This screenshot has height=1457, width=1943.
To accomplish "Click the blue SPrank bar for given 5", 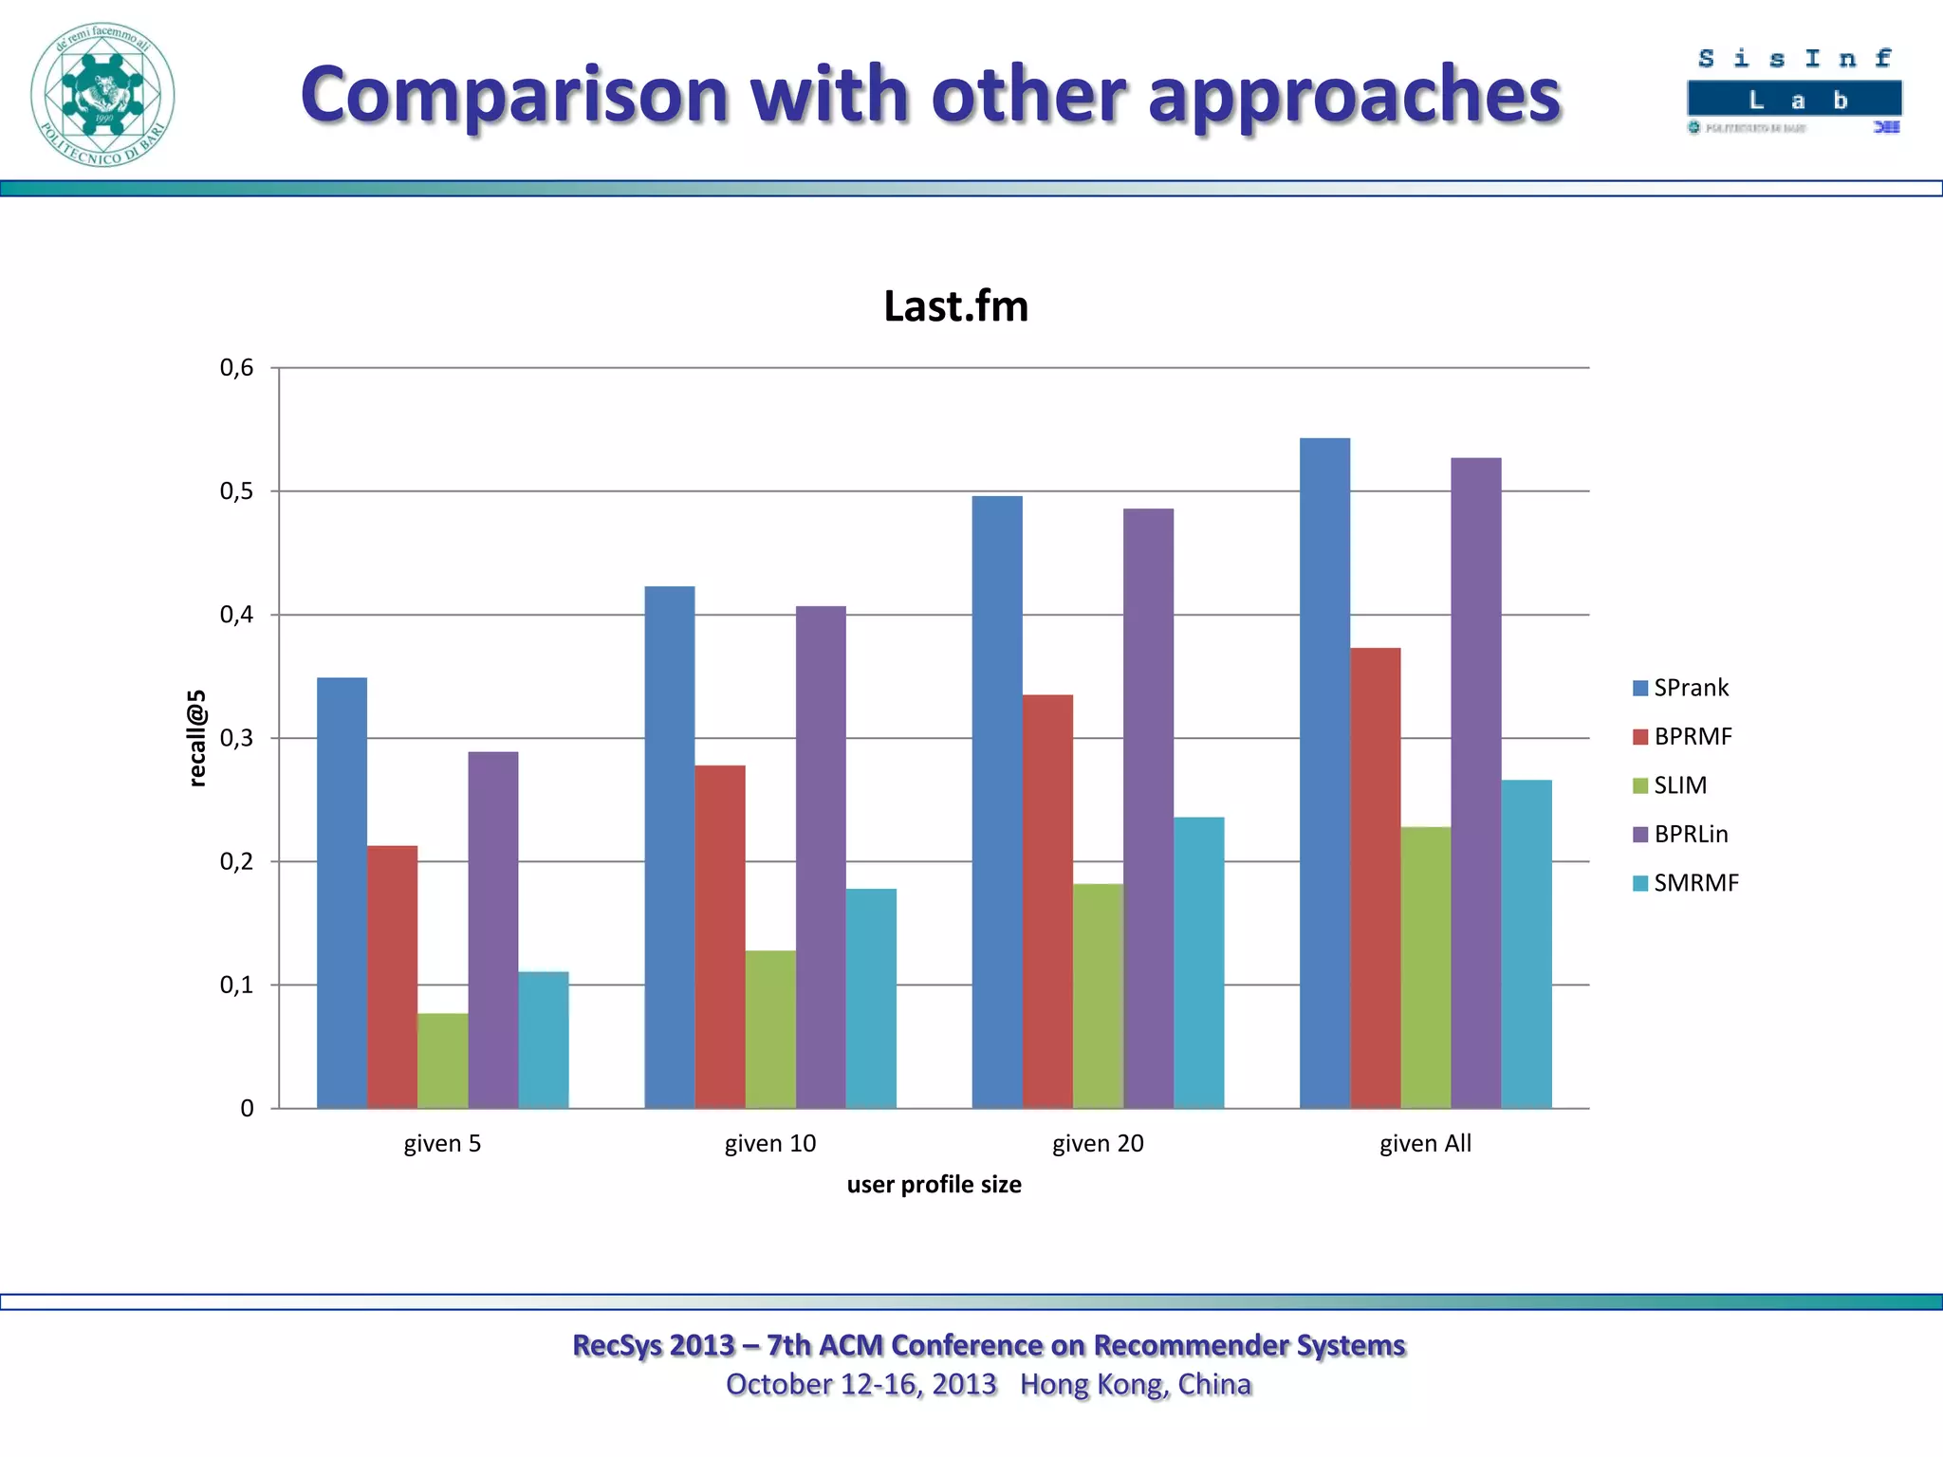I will tap(342, 892).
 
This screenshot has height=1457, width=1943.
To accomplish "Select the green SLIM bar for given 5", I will tap(442, 1060).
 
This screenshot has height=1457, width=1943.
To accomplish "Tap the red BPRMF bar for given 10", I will tap(720, 936).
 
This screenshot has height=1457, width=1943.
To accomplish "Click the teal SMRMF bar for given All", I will tap(1527, 944).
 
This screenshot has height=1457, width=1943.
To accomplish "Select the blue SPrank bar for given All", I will tap(1324, 773).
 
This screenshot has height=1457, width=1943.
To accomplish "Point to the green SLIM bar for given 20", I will tap(1098, 996).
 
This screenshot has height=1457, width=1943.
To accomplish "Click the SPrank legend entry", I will tap(1681, 688).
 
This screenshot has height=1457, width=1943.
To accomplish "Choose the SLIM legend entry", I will tap(1670, 785).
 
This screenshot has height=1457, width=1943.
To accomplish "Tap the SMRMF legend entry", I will tap(1686, 883).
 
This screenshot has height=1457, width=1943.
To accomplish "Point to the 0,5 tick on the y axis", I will tap(237, 491).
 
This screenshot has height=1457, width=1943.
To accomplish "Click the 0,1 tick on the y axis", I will tap(237, 986).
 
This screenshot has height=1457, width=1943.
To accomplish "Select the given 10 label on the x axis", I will tap(770, 1144).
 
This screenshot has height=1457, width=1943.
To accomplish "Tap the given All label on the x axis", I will tap(1425, 1144).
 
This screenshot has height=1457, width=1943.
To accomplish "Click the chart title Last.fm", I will tap(955, 306).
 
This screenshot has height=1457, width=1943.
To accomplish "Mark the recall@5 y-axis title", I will tap(196, 738).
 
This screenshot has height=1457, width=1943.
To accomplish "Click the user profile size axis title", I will tap(934, 1185).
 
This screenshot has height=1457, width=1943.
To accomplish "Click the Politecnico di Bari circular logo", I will tap(102, 95).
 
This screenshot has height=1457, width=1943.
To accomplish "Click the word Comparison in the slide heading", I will tap(514, 95).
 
